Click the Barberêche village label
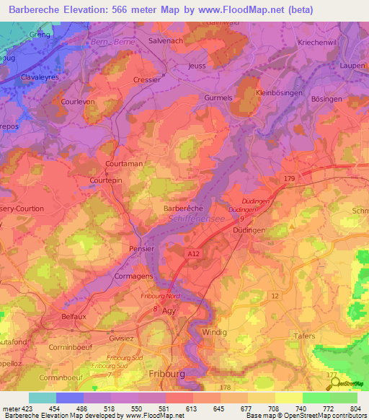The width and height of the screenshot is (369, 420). pos(172,207)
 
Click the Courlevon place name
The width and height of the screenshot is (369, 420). pos(79,102)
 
